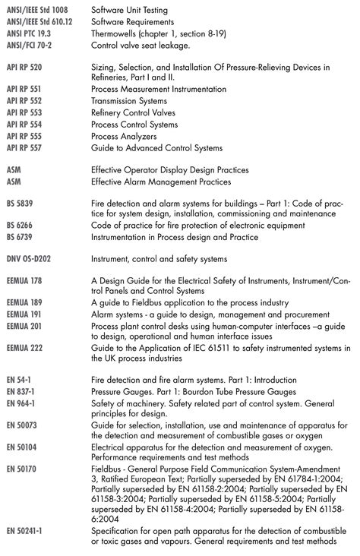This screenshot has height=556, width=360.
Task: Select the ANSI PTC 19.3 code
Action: pyautogui.click(x=29, y=34)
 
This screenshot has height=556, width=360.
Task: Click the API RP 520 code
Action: pyautogui.click(x=24, y=67)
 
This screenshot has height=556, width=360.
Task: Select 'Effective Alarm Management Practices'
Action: pyautogui.click(x=161, y=182)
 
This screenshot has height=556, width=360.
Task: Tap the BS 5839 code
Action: pyautogui.click(x=20, y=204)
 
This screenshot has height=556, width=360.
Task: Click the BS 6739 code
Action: pyautogui.click(x=20, y=237)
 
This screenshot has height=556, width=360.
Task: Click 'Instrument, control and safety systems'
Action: pyautogui.click(x=159, y=259)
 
